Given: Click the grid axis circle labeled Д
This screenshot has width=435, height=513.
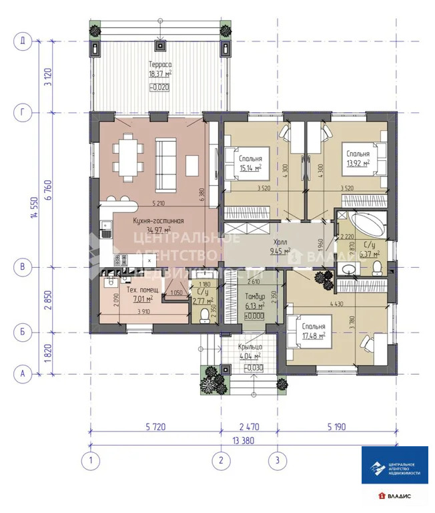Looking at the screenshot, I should [x=22, y=41].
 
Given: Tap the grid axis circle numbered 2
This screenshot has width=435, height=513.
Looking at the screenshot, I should [x=221, y=460].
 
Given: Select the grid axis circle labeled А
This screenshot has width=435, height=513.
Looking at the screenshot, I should [x=22, y=374].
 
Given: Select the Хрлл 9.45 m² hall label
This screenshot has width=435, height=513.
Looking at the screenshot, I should [x=280, y=246].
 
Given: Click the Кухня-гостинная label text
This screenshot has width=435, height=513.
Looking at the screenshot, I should [x=159, y=221].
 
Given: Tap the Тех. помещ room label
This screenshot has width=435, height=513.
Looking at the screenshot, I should [x=139, y=292].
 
